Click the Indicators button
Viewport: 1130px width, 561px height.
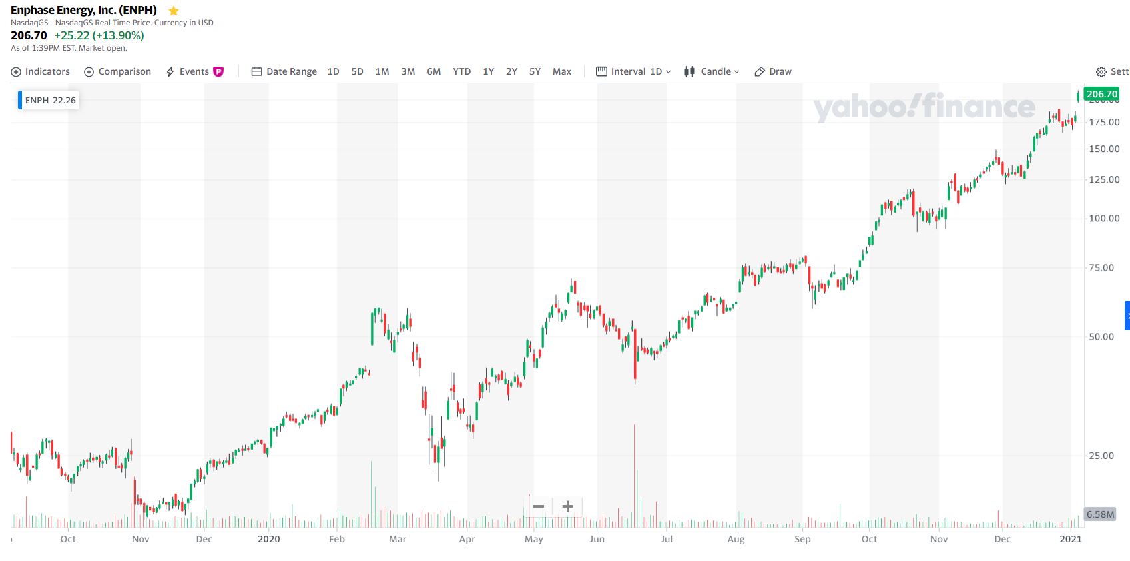tap(41, 71)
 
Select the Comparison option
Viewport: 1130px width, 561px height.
tap(118, 71)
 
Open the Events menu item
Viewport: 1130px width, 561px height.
tap(194, 71)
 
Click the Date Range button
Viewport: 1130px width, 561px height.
tap(284, 71)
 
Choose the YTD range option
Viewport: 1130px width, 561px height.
tap(461, 71)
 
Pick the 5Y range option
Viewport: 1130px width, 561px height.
tap(535, 71)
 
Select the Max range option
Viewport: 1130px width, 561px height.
tap(561, 71)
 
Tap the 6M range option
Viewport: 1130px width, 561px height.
tap(433, 71)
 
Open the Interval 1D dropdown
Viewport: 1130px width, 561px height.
tap(633, 71)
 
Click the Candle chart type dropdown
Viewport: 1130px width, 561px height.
tap(712, 71)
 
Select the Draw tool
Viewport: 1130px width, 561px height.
tap(773, 71)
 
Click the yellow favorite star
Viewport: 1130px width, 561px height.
tap(174, 11)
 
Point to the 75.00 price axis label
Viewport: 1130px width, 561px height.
tap(1101, 267)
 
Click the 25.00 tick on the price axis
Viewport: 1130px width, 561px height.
tap(1101, 456)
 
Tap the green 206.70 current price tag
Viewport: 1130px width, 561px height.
tap(1101, 94)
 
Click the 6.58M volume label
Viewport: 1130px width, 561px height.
tap(1100, 514)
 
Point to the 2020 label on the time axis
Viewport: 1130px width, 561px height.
tap(268, 539)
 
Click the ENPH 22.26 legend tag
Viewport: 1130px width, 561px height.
tap(50, 100)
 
